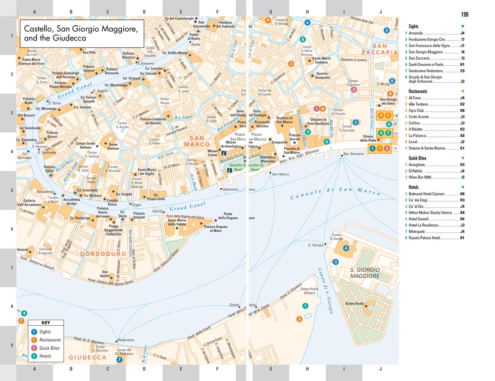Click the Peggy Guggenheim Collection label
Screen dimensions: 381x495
click(x=113, y=231)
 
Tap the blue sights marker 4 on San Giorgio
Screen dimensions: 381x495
click(x=346, y=248)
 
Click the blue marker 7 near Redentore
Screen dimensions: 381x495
click(x=119, y=360)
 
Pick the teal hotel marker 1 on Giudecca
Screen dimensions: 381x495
click(x=305, y=306)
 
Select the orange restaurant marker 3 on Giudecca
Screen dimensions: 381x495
click(x=299, y=319)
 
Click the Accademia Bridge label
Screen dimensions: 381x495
click(x=72, y=202)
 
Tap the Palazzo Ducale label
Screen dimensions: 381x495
click(x=295, y=137)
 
